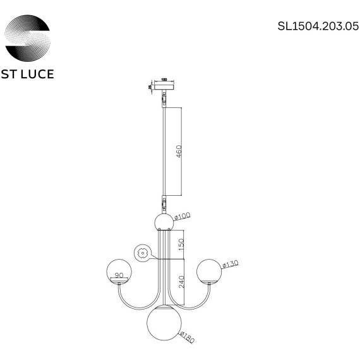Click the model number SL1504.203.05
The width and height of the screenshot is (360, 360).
tap(313, 27)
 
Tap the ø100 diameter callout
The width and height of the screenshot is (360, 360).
tap(182, 217)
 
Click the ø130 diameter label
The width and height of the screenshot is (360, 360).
tap(232, 263)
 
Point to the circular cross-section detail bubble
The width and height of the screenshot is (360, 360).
tap(142, 253)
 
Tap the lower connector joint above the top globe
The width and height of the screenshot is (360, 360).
tap(164, 205)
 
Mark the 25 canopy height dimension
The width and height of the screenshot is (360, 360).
tap(150, 87)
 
